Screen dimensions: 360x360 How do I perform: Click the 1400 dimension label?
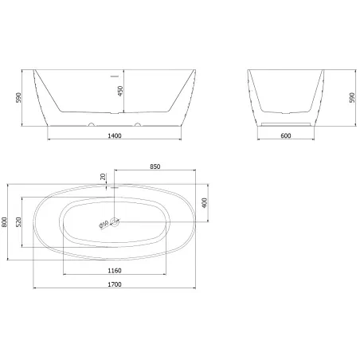[x=115, y=135]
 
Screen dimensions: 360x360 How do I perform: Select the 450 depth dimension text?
[x=120, y=91]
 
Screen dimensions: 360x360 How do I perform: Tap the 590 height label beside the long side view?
[x=18, y=98]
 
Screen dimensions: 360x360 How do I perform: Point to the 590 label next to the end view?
[x=352, y=98]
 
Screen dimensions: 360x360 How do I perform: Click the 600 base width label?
[x=286, y=135]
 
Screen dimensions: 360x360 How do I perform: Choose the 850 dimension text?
[x=155, y=166]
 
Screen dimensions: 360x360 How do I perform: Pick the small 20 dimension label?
[x=103, y=177]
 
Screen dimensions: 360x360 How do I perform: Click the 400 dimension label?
[x=204, y=203]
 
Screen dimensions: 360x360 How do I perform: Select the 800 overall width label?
[x=4, y=222]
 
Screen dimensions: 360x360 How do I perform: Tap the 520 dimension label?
[x=18, y=222]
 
